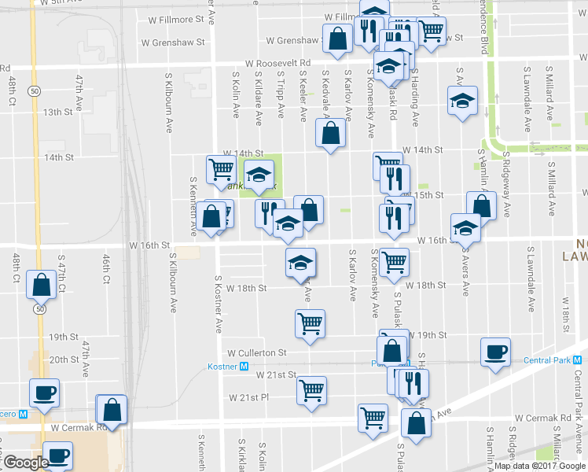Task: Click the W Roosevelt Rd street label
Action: pyautogui.click(x=277, y=62)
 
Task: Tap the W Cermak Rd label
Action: pyautogui.click(x=79, y=428)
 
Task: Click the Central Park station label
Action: pyautogui.click(x=551, y=361)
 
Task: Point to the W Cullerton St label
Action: pyautogui.click(x=255, y=353)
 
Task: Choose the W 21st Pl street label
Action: pyautogui.click(x=249, y=398)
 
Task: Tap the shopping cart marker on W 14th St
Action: pyautogui.click(x=221, y=168)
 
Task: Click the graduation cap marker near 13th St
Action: pyautogui.click(x=463, y=101)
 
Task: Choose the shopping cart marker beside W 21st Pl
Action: pyautogui.click(x=312, y=389)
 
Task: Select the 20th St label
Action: pyautogui.click(x=61, y=360)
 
